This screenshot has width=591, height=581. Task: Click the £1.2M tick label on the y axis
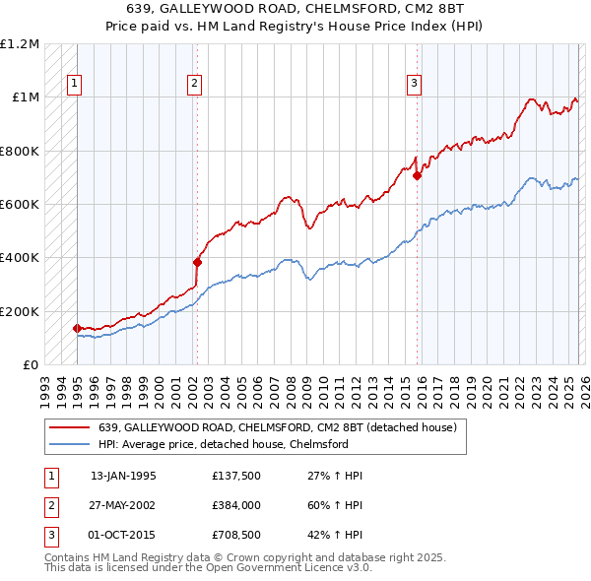[x=19, y=44]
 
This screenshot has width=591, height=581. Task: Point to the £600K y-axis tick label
[x=19, y=205]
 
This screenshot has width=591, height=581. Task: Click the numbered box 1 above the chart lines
[x=76, y=85]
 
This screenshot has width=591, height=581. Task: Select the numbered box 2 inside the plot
[x=196, y=85]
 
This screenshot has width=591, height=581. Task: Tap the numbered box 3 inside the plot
[x=415, y=85]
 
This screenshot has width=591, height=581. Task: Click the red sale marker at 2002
[x=197, y=262]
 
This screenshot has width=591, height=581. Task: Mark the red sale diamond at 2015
[x=417, y=176]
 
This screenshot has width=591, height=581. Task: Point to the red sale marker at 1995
[x=77, y=328]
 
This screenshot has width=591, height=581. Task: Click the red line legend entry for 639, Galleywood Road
[x=277, y=428]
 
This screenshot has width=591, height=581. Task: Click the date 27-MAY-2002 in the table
[x=123, y=505]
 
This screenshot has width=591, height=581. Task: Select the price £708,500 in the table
[x=234, y=536]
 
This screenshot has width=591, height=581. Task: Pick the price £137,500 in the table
[x=234, y=475]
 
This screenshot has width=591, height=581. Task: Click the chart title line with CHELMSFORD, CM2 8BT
[x=295, y=8]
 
